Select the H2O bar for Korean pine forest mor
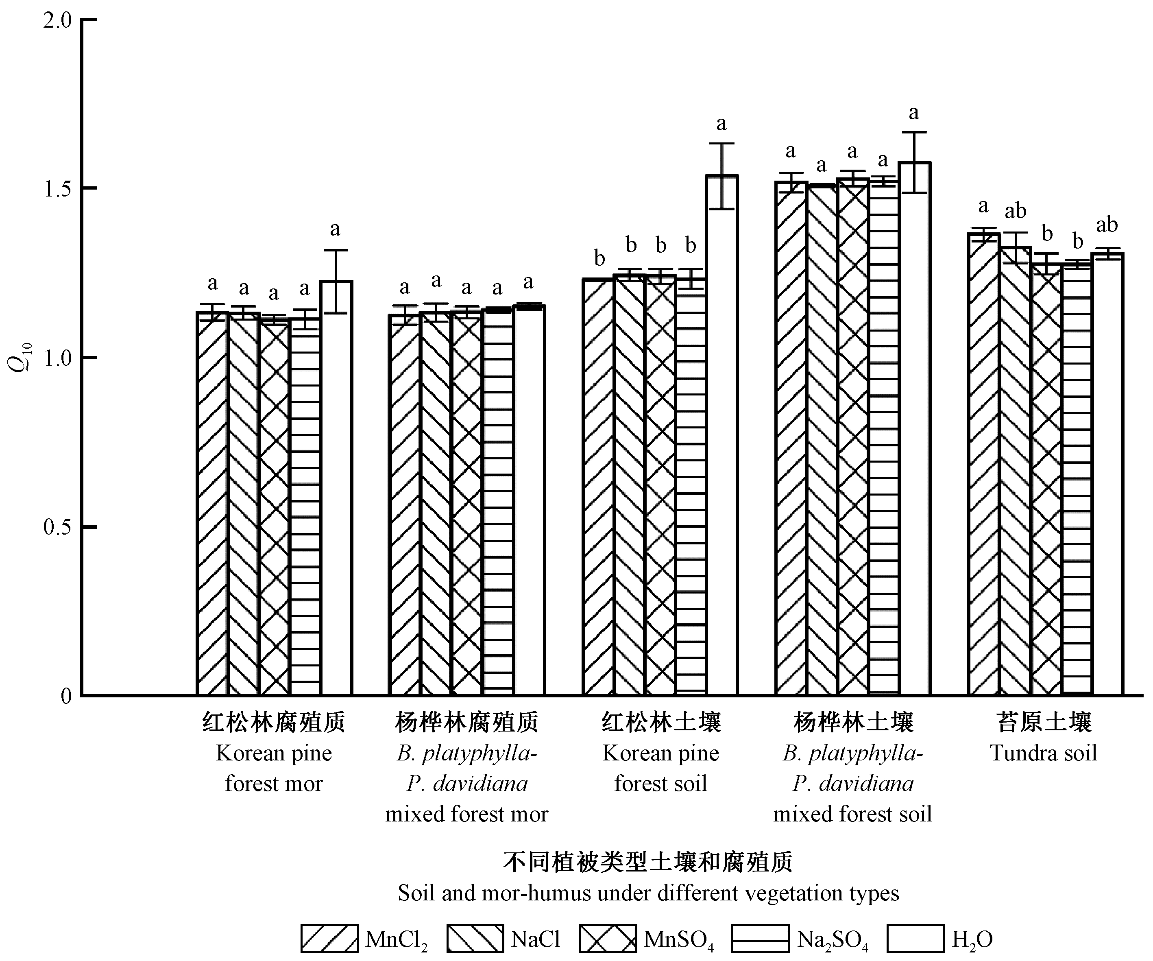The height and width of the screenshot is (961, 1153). click(x=336, y=489)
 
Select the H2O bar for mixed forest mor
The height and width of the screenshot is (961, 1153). click(x=529, y=500)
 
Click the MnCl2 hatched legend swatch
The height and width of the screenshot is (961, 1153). click(x=329, y=939)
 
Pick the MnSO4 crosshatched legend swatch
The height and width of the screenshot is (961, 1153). click(x=607, y=939)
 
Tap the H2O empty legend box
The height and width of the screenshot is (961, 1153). click(x=915, y=939)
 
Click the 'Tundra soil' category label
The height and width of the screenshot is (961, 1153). click(x=1043, y=753)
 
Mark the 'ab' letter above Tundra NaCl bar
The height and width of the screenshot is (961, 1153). click(x=1015, y=211)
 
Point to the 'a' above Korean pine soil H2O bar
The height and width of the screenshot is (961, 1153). click(x=721, y=124)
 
